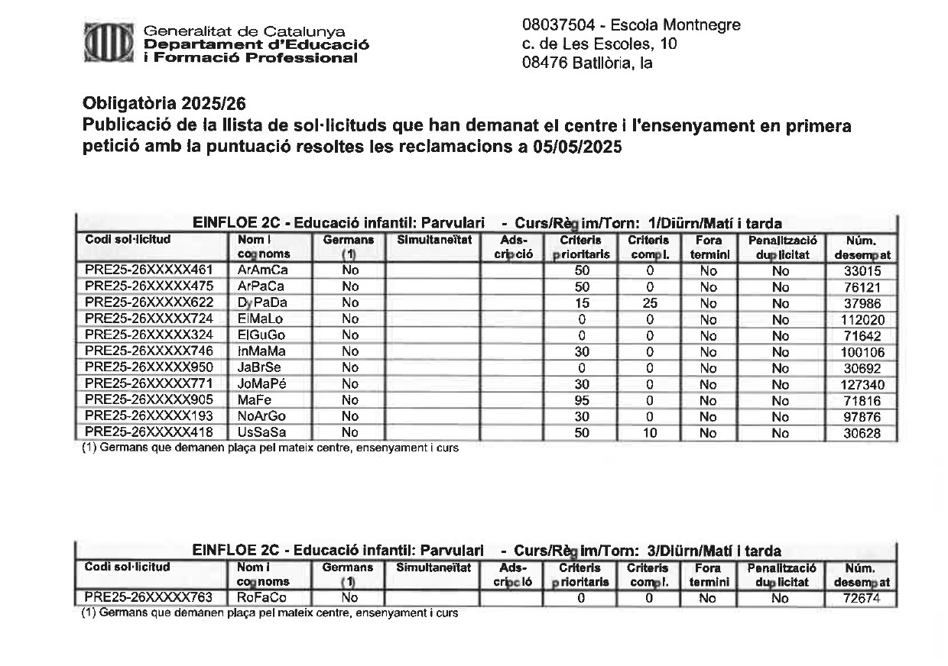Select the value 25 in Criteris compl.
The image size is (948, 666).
648,302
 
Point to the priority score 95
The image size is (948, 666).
582,401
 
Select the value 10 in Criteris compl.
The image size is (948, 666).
648,433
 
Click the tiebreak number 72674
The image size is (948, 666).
862,598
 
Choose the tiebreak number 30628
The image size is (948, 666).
862,433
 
